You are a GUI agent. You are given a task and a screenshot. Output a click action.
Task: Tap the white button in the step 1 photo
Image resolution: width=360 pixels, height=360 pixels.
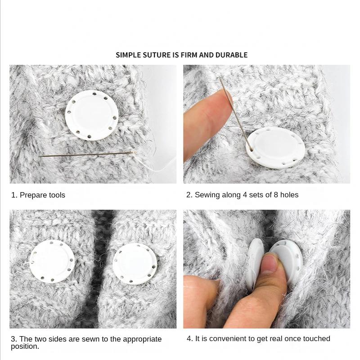pos(92,114)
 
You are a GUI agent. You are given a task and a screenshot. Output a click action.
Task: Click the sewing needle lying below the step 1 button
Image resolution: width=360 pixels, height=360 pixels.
pos(85,154)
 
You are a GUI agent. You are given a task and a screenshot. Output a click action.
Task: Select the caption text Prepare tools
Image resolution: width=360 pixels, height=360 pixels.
pos(42,195)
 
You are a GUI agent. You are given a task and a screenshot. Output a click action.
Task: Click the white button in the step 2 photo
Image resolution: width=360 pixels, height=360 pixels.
pos(276,147)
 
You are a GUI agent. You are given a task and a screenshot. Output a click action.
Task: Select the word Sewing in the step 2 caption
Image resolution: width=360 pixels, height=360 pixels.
pos(207,195)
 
